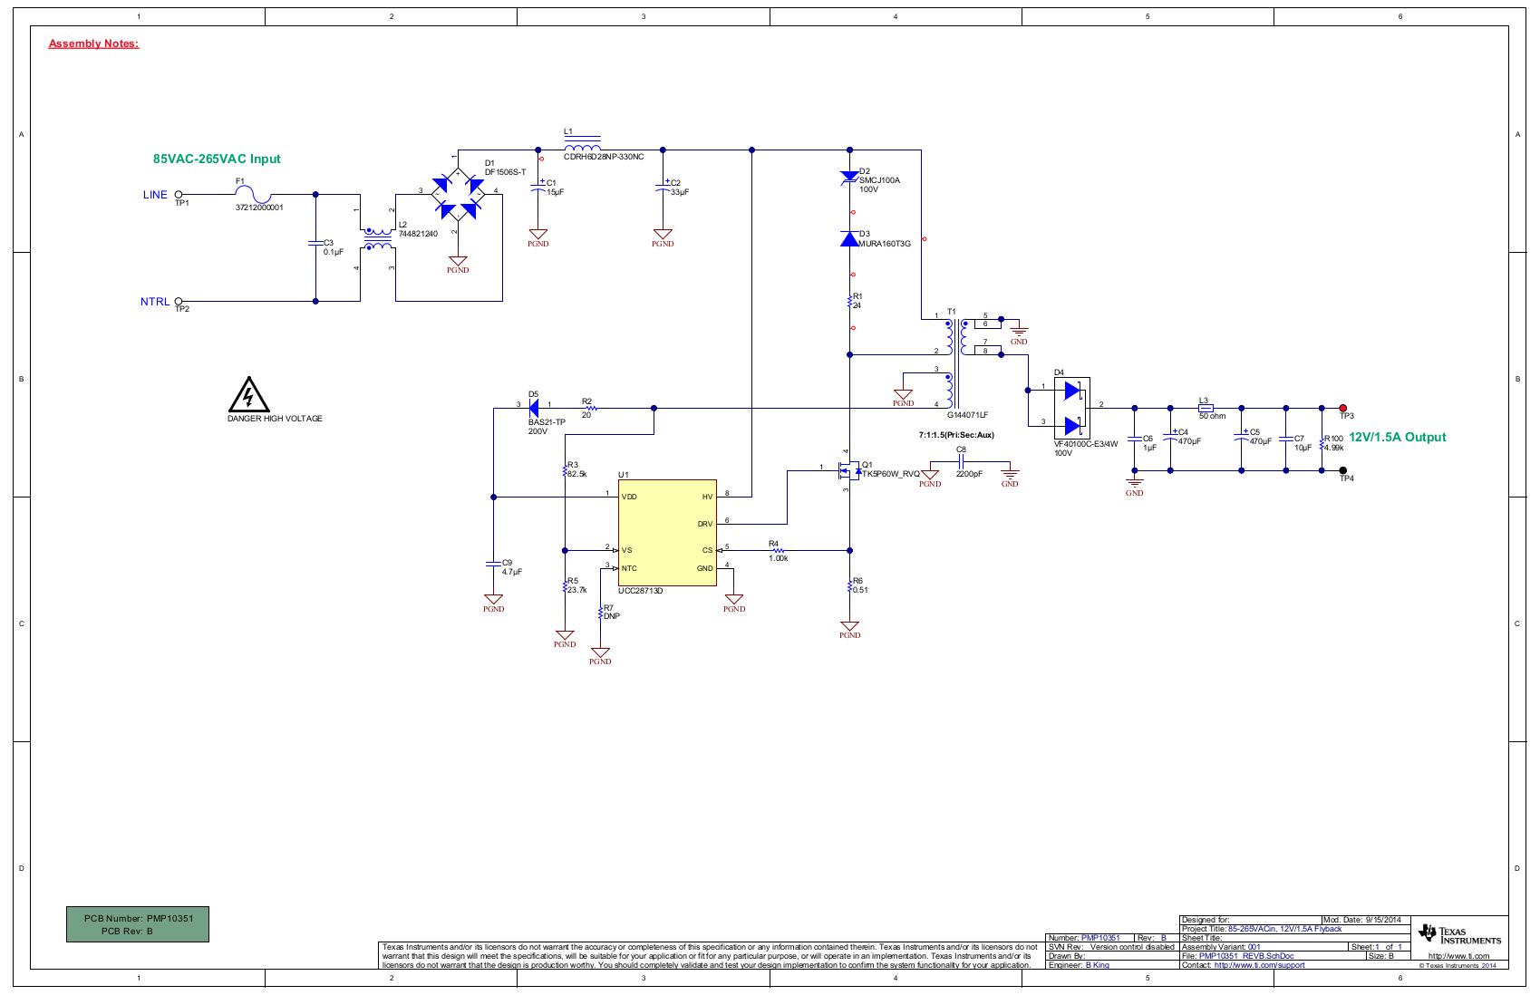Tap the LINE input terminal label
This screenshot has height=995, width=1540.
point(155,195)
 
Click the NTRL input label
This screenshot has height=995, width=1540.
point(154,302)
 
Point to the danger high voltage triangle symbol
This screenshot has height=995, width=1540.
point(247,395)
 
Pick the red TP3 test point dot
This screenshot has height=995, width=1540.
point(1343,409)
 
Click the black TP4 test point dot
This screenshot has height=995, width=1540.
point(1343,470)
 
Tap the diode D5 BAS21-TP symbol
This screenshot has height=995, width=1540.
point(535,409)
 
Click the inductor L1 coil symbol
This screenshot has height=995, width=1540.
point(582,148)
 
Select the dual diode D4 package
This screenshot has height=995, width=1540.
point(1072,408)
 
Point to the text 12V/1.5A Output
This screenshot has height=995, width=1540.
point(1398,437)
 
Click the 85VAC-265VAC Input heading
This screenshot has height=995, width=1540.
point(217,159)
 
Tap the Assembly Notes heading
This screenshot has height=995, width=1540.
point(93,43)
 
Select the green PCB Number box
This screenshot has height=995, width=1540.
point(138,924)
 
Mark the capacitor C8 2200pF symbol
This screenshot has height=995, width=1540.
point(962,461)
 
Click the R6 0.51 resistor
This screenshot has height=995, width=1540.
point(849,585)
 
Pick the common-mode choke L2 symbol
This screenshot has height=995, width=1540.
point(377,239)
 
